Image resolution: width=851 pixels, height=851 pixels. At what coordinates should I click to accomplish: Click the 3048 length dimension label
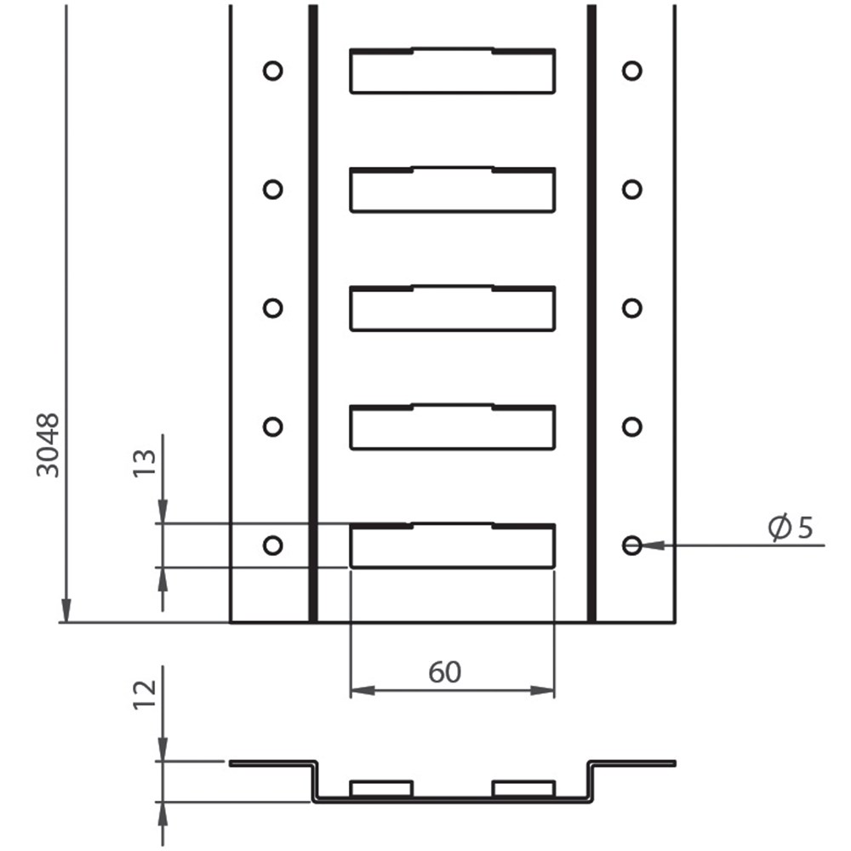coord(49,444)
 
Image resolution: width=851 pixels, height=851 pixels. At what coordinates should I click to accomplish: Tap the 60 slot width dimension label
coord(444,672)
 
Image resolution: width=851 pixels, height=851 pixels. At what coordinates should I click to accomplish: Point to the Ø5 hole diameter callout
coord(791,528)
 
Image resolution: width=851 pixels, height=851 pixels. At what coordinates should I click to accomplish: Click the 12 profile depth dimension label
coord(146,694)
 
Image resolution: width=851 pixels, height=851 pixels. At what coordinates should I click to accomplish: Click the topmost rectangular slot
coord(453,71)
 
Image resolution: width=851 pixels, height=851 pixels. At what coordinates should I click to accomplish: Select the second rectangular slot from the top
coord(453,191)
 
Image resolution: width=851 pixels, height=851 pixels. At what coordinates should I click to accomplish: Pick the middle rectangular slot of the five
coord(453,309)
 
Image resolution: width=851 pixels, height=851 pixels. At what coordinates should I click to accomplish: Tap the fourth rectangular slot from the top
coord(453,428)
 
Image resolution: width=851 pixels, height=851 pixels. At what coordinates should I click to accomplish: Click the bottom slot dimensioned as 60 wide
coord(453,546)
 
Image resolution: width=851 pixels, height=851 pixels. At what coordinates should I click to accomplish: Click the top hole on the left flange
coord(272,71)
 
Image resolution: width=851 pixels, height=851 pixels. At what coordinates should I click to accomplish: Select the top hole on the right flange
coord(631,71)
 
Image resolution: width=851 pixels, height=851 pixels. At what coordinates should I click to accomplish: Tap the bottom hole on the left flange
coord(272,545)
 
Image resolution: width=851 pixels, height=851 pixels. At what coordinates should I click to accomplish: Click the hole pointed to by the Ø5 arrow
coord(631,545)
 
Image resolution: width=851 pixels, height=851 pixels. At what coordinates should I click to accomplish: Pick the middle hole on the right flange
coord(631,307)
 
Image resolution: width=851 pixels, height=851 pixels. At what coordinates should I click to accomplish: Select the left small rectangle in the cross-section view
coord(382,789)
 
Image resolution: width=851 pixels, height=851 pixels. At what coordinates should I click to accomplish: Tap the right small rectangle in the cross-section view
coord(523,789)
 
